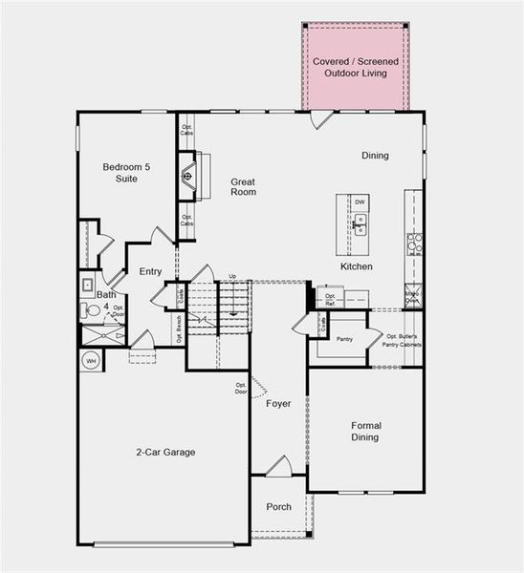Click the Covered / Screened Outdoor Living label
[355, 67]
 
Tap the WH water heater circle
[92, 361]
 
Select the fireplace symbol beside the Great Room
[189, 176]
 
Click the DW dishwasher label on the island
[360, 202]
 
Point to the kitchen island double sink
[360, 224]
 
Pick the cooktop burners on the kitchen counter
[414, 244]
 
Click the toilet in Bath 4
[88, 284]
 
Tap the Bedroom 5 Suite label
[127, 173]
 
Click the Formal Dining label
[364, 432]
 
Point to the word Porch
[278, 507]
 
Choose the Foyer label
[278, 404]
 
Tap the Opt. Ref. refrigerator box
[331, 299]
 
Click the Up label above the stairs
[231, 277]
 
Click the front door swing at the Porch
[278, 466]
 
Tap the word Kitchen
[356, 266]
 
